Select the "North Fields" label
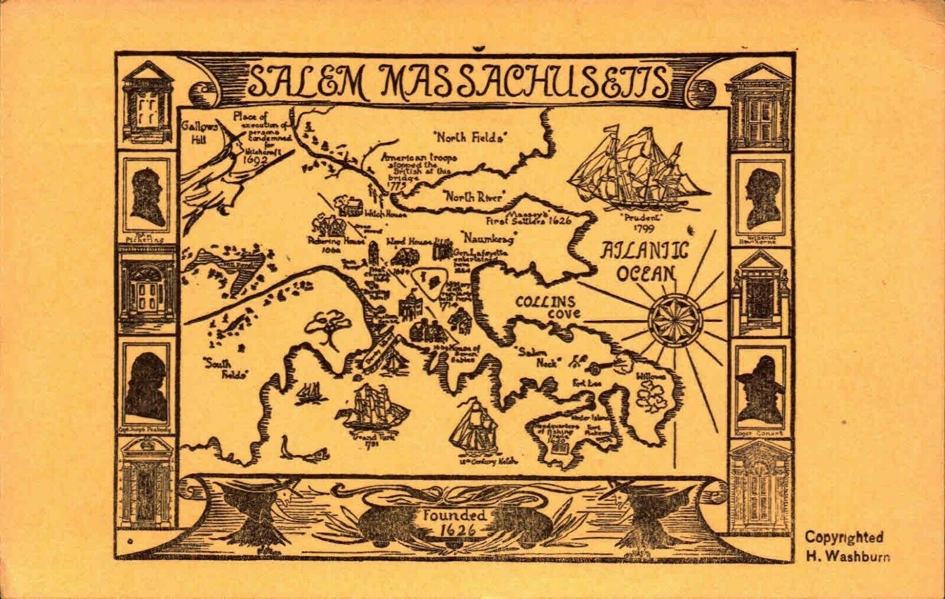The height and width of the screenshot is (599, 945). pos(470,138)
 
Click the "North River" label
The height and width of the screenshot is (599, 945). pos(474,197)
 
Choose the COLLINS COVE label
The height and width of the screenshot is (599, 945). pos(548,307)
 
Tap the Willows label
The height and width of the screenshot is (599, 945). pos(650,376)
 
